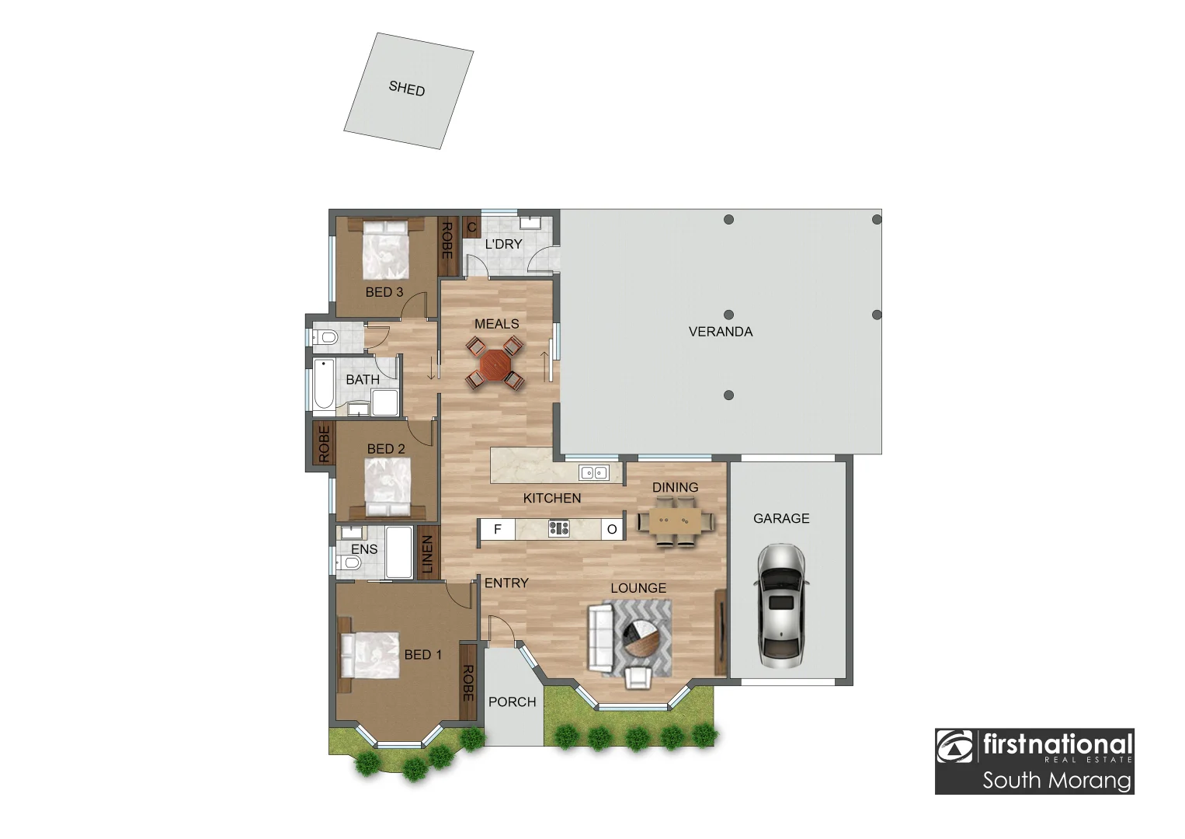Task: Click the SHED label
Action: pos(407,89)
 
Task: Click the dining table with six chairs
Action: pos(676,521)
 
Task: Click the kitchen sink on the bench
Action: pos(593,472)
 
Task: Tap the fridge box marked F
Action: pos(498,529)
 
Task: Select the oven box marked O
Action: pos(612,529)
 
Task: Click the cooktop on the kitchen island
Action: pos(558,529)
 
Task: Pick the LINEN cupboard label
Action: pos(427,554)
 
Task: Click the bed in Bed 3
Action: pos(386,249)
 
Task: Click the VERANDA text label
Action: pos(720,332)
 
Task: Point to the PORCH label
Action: pos(512,701)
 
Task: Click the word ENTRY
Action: pos(506,583)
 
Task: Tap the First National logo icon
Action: pos(955,747)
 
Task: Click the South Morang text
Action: pos(1056,779)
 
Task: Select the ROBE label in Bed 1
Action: pos(467,682)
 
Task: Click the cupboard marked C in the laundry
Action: pos(471,228)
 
